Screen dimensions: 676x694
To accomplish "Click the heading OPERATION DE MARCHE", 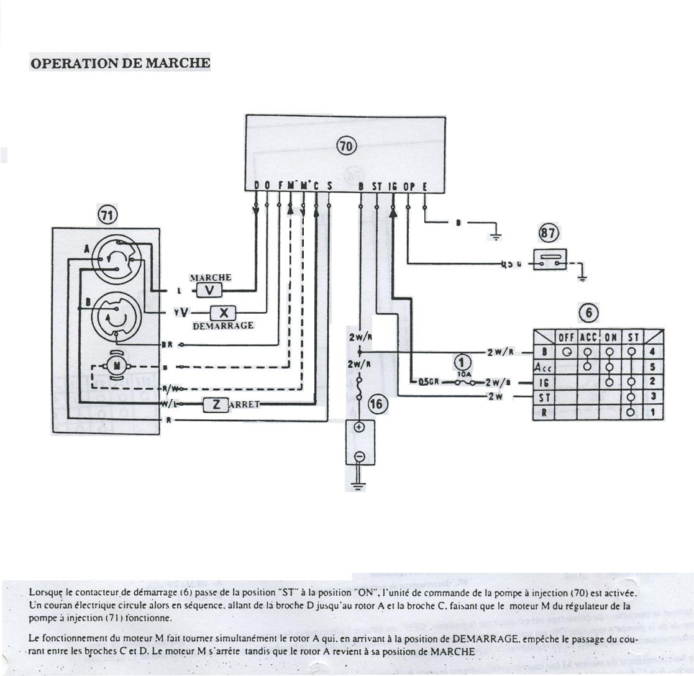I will [120, 63].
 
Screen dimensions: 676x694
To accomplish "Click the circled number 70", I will [346, 146].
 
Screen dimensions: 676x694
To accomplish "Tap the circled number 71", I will [107, 215].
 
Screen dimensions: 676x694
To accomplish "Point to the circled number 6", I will [588, 314].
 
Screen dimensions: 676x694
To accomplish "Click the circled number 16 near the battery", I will [377, 404].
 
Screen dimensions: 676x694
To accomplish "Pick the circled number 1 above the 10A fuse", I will [462, 362].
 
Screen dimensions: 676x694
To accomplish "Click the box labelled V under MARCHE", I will [209, 290].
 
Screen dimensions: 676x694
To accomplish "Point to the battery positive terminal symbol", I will [358, 427].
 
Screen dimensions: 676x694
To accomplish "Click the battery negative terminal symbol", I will [358, 457].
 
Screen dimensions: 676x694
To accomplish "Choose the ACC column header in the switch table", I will [587, 337].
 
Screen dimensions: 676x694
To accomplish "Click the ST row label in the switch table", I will [544, 397].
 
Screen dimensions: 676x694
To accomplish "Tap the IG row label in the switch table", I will [544, 382].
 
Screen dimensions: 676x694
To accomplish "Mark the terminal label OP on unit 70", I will [408, 186].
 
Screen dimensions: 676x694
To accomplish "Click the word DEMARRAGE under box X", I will [223, 326].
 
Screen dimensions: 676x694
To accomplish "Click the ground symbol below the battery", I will [358, 485].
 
